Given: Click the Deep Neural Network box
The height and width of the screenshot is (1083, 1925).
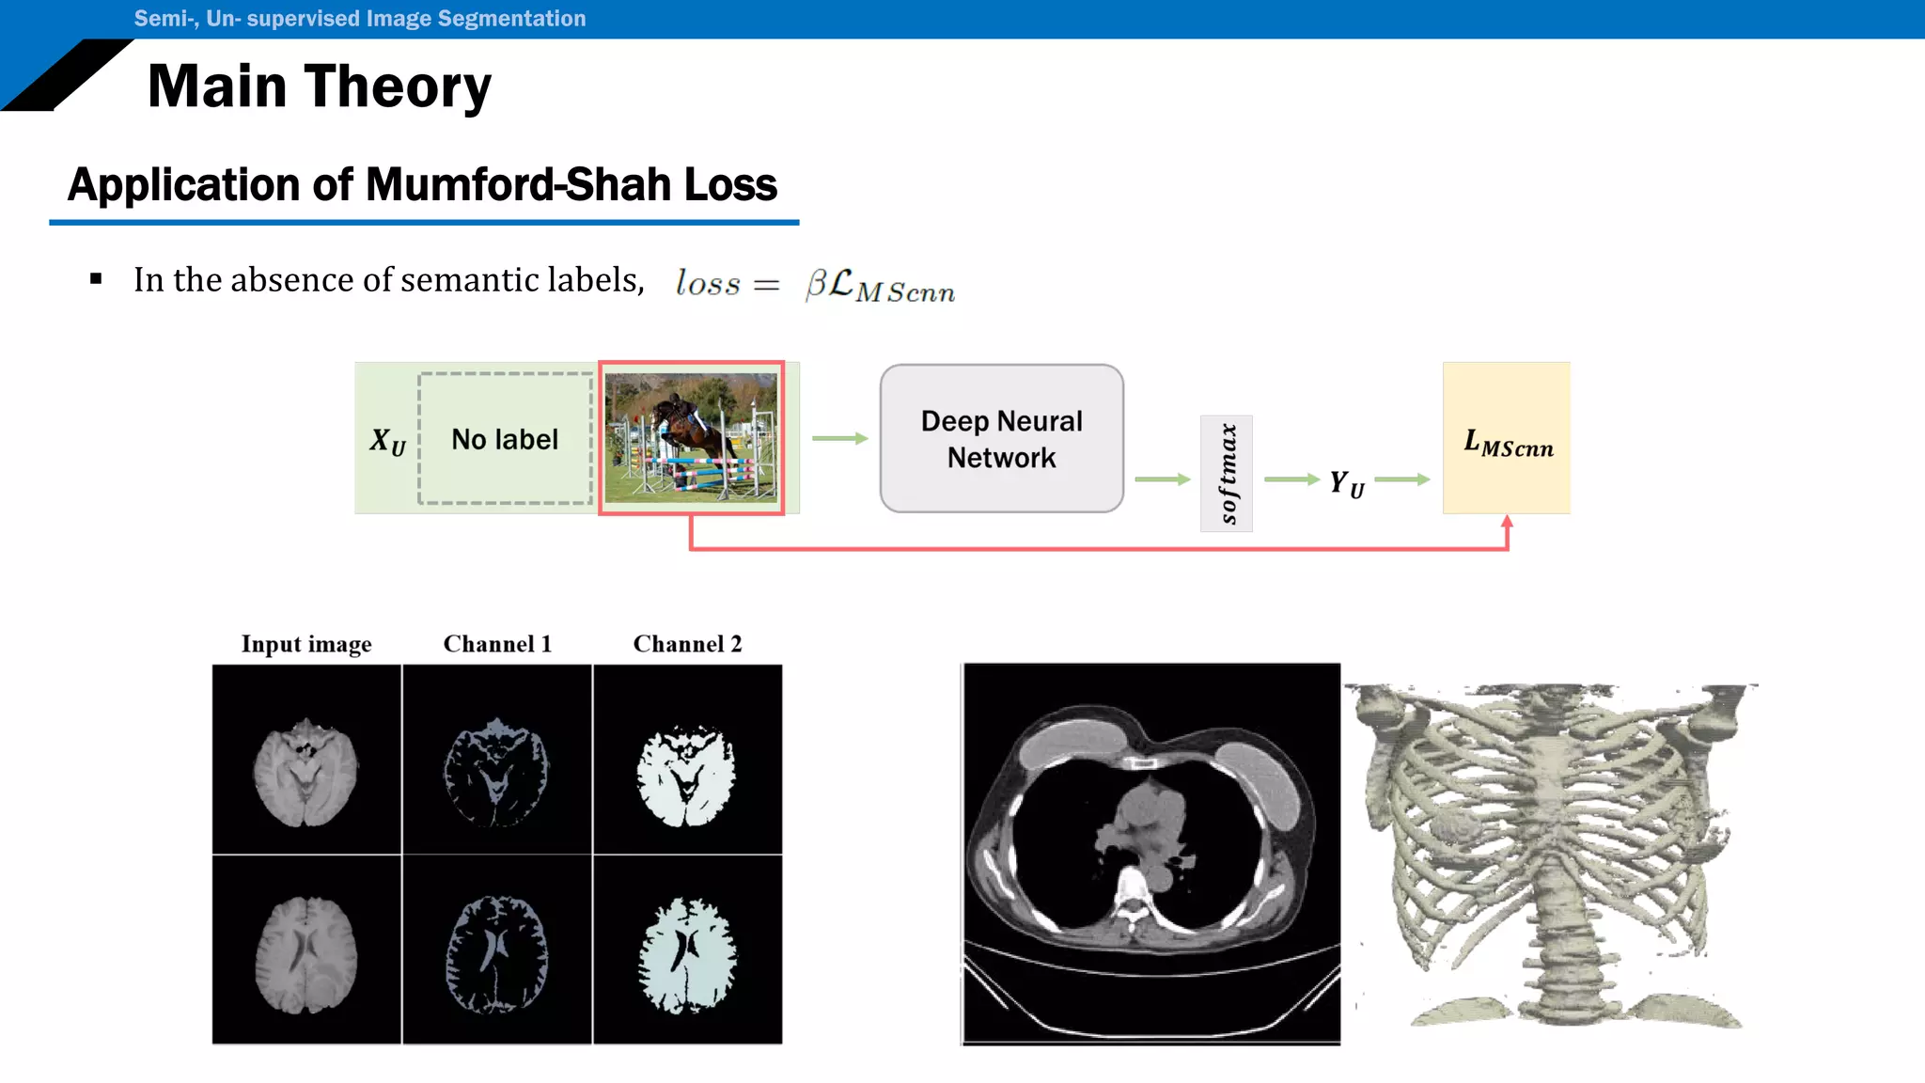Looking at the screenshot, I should click(1001, 439).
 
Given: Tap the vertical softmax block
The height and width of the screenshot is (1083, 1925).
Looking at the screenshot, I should click(1226, 474).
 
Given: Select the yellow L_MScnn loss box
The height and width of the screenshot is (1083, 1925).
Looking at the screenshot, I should click(1506, 438).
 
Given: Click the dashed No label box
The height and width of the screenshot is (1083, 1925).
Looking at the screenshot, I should click(505, 439).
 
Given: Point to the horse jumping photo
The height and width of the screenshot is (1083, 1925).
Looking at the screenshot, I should click(691, 438).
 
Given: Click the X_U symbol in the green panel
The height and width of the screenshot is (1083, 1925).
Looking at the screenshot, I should click(387, 441).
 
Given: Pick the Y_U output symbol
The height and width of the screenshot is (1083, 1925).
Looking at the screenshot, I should click(1346, 483).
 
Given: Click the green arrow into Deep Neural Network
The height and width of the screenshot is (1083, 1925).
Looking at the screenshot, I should click(839, 438).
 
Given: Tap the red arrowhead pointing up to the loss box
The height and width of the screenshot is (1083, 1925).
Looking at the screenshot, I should click(1507, 522).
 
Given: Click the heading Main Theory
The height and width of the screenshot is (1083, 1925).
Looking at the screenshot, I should click(320, 86).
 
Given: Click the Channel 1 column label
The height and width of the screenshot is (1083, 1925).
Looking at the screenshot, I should click(497, 644).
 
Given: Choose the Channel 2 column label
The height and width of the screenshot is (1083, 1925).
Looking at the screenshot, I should click(687, 644).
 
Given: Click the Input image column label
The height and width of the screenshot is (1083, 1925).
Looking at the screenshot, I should click(306, 644).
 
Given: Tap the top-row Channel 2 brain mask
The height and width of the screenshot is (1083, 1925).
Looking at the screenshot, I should click(687, 777).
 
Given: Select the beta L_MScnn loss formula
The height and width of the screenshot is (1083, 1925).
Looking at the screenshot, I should click(879, 285).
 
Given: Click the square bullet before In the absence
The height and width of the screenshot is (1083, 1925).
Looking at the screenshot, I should click(96, 279).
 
